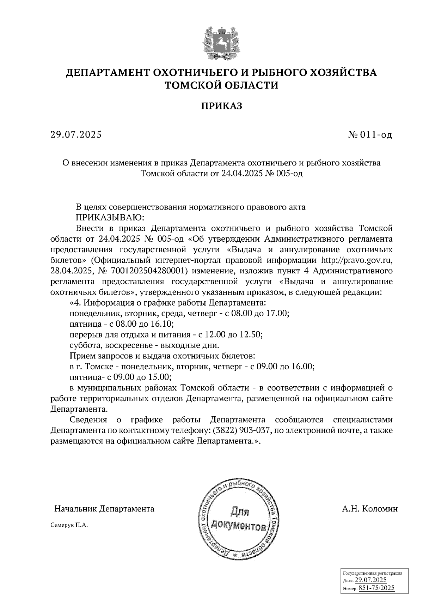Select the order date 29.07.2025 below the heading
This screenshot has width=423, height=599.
pyautogui.click(x=76, y=135)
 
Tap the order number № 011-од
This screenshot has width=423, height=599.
pyautogui.click(x=370, y=135)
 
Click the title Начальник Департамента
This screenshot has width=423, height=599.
pyautogui.click(x=104, y=509)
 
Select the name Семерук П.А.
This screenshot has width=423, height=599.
pyautogui.click(x=69, y=525)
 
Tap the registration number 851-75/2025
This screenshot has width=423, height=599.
pyautogui.click(x=376, y=588)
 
